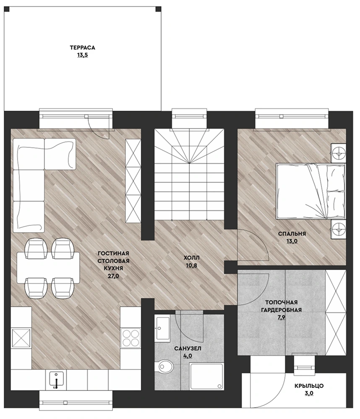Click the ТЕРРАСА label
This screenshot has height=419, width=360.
click(x=83, y=48)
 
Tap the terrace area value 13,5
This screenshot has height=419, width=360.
click(x=83, y=55)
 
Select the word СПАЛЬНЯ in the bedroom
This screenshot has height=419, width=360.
click(x=292, y=234)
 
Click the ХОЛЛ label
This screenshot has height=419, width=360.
click(x=191, y=258)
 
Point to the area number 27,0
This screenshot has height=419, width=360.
click(x=113, y=276)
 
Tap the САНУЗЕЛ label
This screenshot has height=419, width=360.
click(x=188, y=348)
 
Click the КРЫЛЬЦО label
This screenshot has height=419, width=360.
click(x=309, y=386)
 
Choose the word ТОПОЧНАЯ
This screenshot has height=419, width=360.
click(x=281, y=302)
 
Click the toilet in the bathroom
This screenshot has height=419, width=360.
click(x=165, y=367)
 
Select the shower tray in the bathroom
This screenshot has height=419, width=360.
click(x=206, y=376)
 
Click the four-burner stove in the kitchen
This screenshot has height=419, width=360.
click(x=130, y=338)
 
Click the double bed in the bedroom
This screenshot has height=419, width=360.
click(x=310, y=191)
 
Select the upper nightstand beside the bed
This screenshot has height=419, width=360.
click(x=338, y=153)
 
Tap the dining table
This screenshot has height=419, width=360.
click(x=48, y=267)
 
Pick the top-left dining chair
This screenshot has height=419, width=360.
click(x=36, y=249)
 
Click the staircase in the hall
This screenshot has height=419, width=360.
click(x=189, y=175)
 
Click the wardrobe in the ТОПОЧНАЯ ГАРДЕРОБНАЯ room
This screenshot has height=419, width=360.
click(x=336, y=313)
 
